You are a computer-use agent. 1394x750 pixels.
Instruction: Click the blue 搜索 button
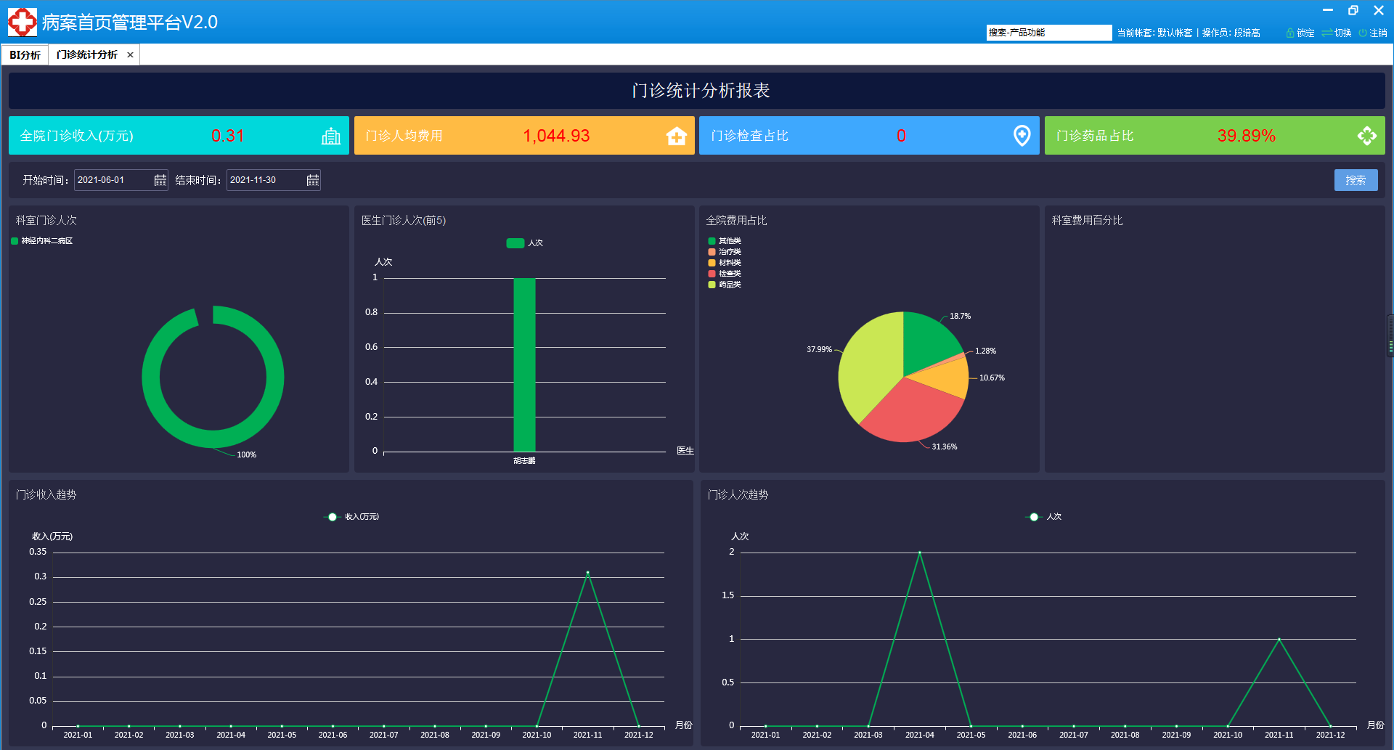(1356, 180)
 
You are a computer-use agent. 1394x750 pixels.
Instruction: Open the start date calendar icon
(160, 180)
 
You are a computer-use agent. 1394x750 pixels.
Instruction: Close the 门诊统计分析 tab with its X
(131, 55)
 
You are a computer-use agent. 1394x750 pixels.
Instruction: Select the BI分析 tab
(25, 55)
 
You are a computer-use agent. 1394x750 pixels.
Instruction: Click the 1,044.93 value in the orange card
(556, 136)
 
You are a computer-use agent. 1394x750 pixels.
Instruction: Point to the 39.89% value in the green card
(1246, 136)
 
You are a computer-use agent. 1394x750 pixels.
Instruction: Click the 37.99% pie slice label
(819, 349)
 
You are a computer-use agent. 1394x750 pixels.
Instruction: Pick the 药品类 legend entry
(730, 285)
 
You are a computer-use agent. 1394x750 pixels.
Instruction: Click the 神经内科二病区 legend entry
(46, 241)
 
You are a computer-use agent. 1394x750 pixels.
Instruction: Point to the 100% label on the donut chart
(246, 455)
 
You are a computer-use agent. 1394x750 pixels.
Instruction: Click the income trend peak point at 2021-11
(587, 573)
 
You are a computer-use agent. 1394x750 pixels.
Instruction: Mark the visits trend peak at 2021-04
(919, 553)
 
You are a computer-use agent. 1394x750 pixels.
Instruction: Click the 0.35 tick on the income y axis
(38, 552)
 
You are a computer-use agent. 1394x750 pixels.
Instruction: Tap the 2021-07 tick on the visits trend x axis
(1073, 735)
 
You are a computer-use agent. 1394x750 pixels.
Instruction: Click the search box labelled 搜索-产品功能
(1048, 33)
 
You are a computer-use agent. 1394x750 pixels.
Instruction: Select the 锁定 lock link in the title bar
(1300, 33)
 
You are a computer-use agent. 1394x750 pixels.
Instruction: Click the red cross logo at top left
(22, 22)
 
